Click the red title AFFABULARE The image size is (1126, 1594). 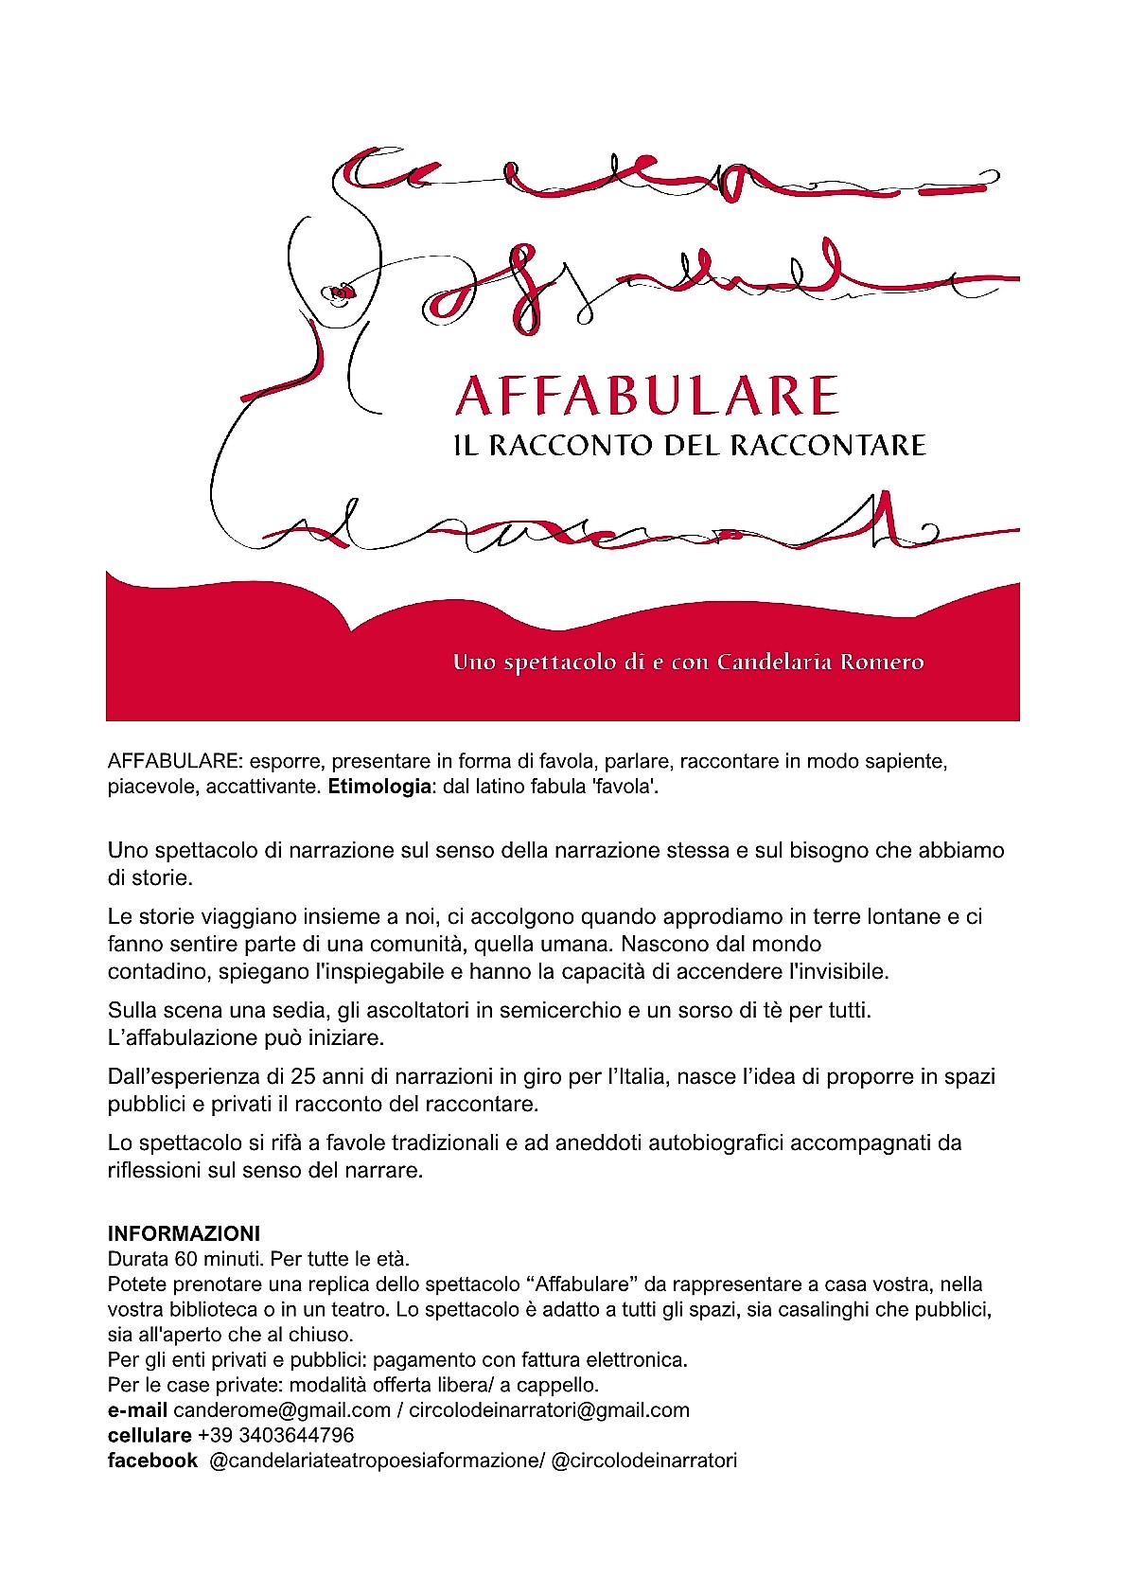click(x=646, y=396)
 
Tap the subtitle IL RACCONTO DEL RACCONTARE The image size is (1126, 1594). click(x=690, y=445)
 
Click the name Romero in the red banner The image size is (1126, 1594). click(x=887, y=662)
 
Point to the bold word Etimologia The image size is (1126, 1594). click(x=379, y=787)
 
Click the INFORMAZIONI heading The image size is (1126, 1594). click(x=184, y=1233)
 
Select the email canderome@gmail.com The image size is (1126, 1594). click(x=282, y=1410)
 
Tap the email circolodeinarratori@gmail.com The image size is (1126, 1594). click(x=549, y=1410)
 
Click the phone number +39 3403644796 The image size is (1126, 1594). click(x=276, y=1435)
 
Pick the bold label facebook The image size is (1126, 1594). click(x=152, y=1461)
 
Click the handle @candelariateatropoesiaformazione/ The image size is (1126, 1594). click(x=377, y=1461)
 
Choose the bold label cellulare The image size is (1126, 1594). click(x=150, y=1435)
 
